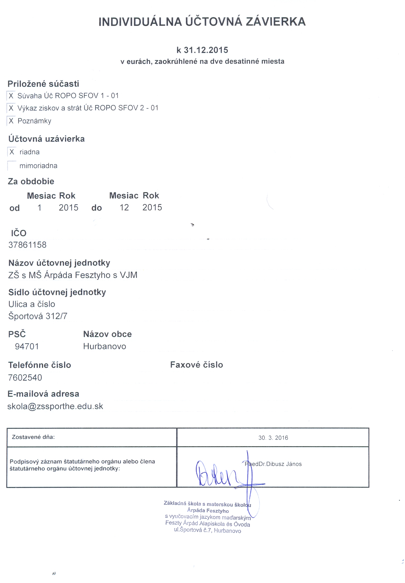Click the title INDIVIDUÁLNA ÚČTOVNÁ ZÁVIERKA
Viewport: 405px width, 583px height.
pos(202,22)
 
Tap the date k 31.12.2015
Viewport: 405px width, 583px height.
pos(202,50)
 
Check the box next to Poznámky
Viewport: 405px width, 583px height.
pos(11,121)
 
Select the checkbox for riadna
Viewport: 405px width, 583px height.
pos(12,152)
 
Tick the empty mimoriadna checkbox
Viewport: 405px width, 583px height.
pos(12,166)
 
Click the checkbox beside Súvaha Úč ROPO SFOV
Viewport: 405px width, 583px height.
pos(11,95)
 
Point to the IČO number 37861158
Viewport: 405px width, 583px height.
pos(27,245)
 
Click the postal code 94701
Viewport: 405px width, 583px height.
pos(27,346)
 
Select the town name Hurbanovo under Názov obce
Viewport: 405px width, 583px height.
pos(104,346)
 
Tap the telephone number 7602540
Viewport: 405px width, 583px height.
pos(25,377)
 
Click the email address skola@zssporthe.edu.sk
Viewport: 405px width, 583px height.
pos(55,406)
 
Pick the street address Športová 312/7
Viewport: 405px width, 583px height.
pos(38,316)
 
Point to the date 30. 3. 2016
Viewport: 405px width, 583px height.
pos(273,438)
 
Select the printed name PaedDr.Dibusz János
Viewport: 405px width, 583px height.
pos(273,464)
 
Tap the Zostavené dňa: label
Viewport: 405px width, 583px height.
pos(33,437)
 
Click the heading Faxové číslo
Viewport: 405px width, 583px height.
pos(196,365)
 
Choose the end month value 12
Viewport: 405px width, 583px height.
pos(124,207)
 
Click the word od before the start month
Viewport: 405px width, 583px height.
pos(15,208)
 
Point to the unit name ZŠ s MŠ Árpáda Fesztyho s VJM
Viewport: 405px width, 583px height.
pos(73,275)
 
